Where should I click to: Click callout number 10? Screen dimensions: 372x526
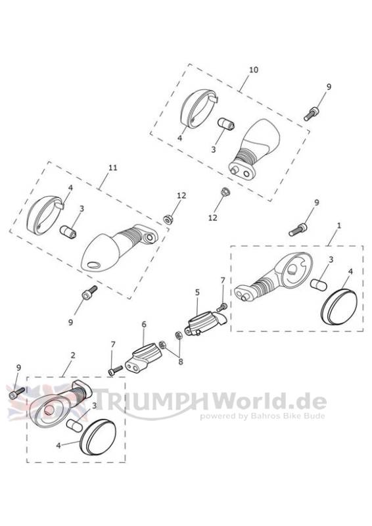(254, 70)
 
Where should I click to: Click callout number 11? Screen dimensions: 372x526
(112, 167)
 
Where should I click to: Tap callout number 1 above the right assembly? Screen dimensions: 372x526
(338, 226)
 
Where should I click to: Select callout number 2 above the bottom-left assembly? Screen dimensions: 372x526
(73, 355)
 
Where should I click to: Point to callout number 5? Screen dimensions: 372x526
(197, 292)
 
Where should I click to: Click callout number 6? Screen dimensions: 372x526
(144, 324)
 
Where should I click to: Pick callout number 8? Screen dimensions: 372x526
(181, 362)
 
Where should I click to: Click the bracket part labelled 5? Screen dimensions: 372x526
(204, 323)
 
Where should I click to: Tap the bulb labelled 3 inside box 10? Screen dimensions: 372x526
(227, 124)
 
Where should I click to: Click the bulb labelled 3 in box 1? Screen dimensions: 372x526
(318, 284)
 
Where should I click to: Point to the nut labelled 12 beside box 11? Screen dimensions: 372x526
(167, 220)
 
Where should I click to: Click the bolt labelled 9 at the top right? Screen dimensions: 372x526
(312, 113)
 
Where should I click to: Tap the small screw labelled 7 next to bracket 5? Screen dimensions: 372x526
(223, 306)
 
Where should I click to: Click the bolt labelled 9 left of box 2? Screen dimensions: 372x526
(17, 393)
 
